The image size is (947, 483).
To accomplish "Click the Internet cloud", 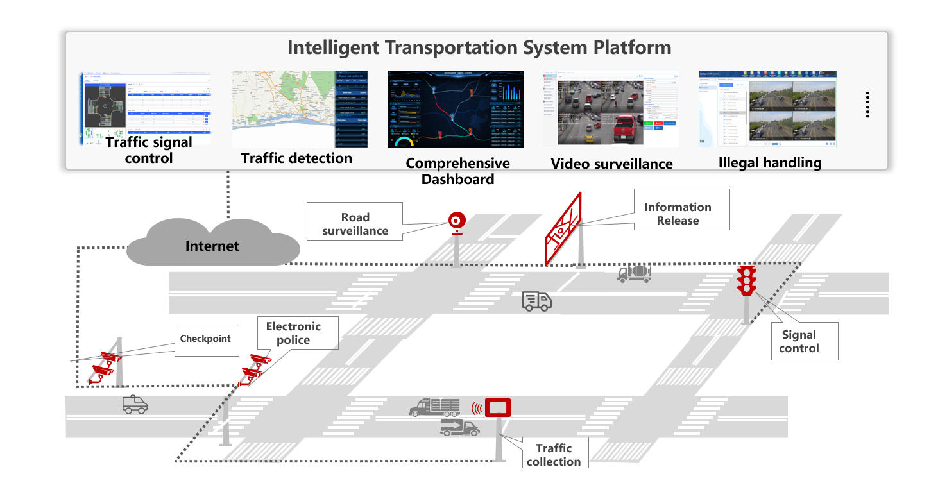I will [x=212, y=244].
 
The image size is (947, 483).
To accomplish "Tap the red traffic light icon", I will [x=746, y=280].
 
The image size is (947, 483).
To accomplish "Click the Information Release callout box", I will [x=681, y=210].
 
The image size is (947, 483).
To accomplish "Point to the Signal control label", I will [x=799, y=341].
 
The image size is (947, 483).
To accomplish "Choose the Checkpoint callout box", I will [x=205, y=338].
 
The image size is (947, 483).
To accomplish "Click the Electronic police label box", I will [x=293, y=333].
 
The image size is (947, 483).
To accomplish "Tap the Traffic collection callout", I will [x=553, y=454].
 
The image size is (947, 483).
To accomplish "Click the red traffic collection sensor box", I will [x=497, y=407].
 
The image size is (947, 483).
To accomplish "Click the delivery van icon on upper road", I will [x=536, y=300].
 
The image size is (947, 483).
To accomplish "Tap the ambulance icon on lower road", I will [x=135, y=404].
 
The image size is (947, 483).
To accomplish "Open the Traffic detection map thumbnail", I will [x=300, y=108].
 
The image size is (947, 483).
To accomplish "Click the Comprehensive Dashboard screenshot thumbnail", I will [x=457, y=108].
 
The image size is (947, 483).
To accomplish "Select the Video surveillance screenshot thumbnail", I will [x=611, y=108].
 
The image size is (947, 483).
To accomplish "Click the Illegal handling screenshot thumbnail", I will [x=767, y=108].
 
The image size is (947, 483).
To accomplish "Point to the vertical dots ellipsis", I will [x=867, y=104].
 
